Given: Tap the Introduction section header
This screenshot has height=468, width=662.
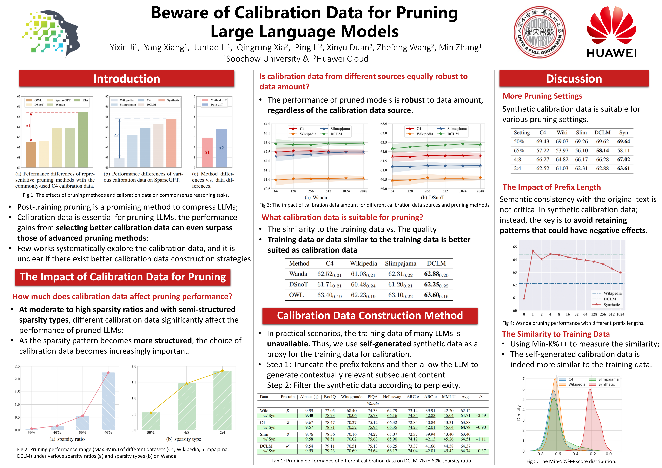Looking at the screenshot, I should coord(127,79).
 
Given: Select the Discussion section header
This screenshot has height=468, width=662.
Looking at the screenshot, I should coord(574,79).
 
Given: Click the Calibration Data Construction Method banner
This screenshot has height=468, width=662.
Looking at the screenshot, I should coord(370,316).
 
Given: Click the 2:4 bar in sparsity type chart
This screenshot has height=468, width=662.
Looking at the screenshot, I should coord(222,401).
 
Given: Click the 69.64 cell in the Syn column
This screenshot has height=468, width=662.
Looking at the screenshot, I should coord(623,142).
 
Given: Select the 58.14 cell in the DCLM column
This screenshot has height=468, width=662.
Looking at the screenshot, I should coord(602,150).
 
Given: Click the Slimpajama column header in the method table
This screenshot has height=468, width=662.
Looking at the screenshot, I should coord(400,263).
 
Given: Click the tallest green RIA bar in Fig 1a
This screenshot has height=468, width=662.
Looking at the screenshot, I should coord(83,140).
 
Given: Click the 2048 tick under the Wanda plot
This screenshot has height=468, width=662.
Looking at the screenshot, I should coord(363,191).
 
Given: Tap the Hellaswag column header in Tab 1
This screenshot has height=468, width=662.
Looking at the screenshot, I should coord(392,397).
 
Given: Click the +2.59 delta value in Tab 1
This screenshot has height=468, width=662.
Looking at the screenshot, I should coord(481,416).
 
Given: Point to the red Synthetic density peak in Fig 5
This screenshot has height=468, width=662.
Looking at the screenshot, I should coord(590,390).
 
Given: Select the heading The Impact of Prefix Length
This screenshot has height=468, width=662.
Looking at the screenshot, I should coord(552,187).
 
